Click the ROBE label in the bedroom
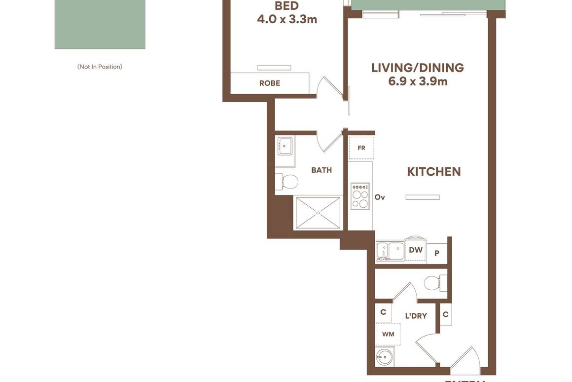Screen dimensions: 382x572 pyautogui.click(x=269, y=83)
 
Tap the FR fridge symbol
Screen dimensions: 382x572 pyautogui.click(x=361, y=148)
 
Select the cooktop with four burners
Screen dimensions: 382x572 pyautogui.click(x=360, y=196)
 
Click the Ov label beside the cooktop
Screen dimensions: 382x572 pyautogui.click(x=380, y=197)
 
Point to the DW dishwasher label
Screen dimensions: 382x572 pyautogui.click(x=416, y=250)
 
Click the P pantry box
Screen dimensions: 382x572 pyautogui.click(x=437, y=253)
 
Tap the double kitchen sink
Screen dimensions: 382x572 pyautogui.click(x=390, y=251)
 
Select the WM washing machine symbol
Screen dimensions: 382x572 pyautogui.click(x=388, y=334)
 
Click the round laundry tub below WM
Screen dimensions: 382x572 pyautogui.click(x=385, y=356)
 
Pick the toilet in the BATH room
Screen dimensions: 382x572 pyautogui.click(x=288, y=182)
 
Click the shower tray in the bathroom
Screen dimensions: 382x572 pyautogui.click(x=318, y=213)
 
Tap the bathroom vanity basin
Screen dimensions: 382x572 pyautogui.click(x=285, y=146)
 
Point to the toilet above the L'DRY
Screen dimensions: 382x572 pyautogui.click(x=434, y=283)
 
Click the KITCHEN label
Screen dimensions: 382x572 pyautogui.click(x=434, y=172)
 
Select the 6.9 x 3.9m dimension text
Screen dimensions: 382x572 pyautogui.click(x=418, y=81)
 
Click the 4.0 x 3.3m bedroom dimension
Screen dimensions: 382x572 pyautogui.click(x=287, y=19)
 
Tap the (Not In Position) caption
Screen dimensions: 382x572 pyautogui.click(x=100, y=67)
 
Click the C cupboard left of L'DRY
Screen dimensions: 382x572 pyautogui.click(x=383, y=312)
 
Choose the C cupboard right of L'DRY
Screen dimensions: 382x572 pyautogui.click(x=445, y=314)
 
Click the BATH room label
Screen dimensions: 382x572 pyautogui.click(x=322, y=170)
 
